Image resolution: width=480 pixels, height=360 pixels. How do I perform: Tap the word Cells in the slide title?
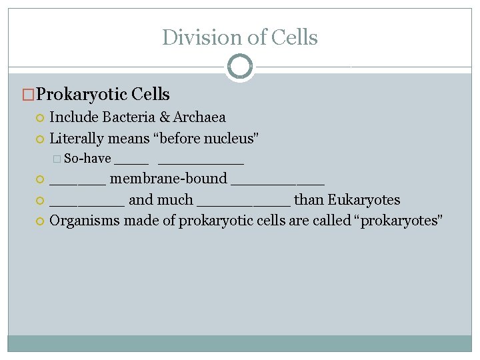(295, 37)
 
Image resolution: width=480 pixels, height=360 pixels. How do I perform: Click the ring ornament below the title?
(240, 67)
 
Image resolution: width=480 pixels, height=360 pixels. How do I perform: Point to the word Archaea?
(199, 117)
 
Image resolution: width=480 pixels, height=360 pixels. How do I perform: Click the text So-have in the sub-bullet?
(87, 159)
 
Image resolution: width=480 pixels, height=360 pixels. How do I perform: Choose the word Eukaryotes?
(363, 200)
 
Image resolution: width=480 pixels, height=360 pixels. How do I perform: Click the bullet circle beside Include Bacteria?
(40, 118)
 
